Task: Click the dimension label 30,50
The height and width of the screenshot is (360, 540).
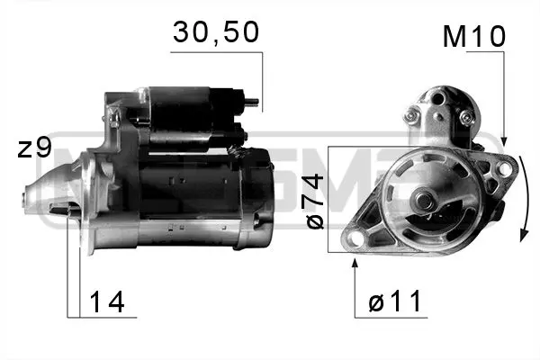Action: (215, 33)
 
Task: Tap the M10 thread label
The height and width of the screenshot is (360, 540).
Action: (473, 37)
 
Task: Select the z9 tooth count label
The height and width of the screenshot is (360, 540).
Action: (34, 148)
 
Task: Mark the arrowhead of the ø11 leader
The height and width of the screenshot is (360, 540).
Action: (356, 260)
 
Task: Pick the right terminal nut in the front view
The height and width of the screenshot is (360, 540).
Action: (464, 118)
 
